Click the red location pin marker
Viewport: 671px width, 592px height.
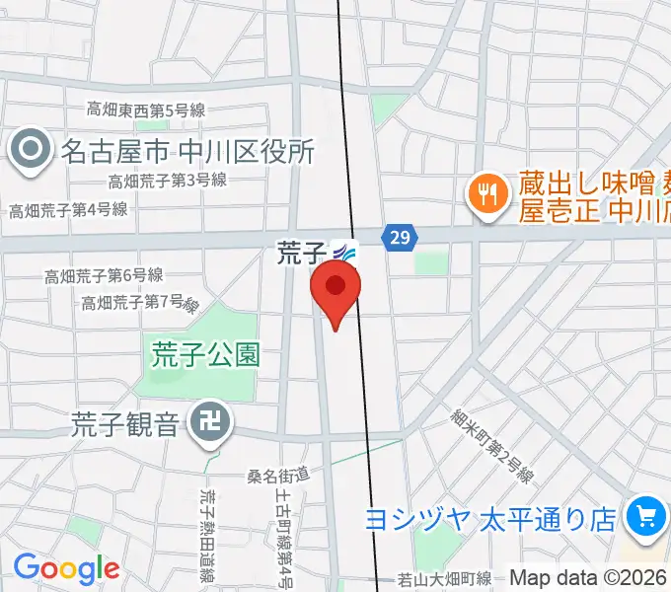(335, 289)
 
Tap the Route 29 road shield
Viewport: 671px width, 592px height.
(400, 238)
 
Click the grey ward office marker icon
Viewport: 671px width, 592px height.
(30, 151)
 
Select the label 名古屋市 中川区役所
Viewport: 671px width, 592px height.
(187, 151)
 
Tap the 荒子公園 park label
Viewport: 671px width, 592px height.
(205, 354)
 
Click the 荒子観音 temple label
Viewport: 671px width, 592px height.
(125, 424)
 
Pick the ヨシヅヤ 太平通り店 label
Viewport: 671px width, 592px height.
(490, 519)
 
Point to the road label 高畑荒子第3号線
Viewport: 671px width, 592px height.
(168, 181)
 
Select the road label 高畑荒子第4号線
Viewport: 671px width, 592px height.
(68, 209)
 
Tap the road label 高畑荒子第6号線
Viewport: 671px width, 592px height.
(104, 276)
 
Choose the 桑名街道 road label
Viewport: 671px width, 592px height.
(278, 477)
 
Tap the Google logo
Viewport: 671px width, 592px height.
(66, 568)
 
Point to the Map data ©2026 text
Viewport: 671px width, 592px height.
(588, 577)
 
